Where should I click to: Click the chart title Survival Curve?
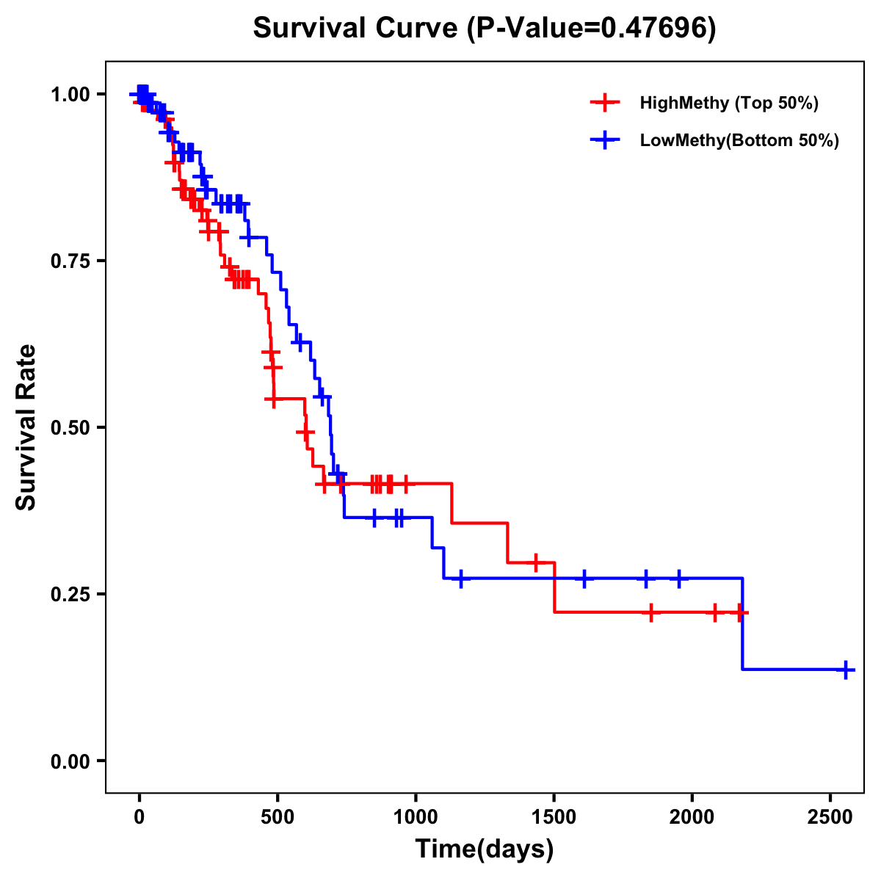[x=484, y=29]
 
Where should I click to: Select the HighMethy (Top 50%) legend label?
[x=729, y=103]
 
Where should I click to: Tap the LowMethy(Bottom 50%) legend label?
[x=739, y=141]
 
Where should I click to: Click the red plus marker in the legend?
[x=604, y=102]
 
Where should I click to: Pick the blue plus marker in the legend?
[x=604, y=140]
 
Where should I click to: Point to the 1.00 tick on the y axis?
[x=70, y=95]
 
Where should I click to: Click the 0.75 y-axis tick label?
[x=70, y=261]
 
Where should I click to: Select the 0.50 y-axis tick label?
[x=70, y=428]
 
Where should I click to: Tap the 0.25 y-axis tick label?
[x=70, y=595]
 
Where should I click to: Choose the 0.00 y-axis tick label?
[x=70, y=761]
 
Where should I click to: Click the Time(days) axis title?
[x=485, y=849]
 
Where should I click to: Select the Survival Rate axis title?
[x=26, y=427]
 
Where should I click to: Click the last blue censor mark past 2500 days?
[x=846, y=670]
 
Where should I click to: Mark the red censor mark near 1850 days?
[x=650, y=612]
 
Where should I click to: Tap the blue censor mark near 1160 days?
[x=460, y=579]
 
